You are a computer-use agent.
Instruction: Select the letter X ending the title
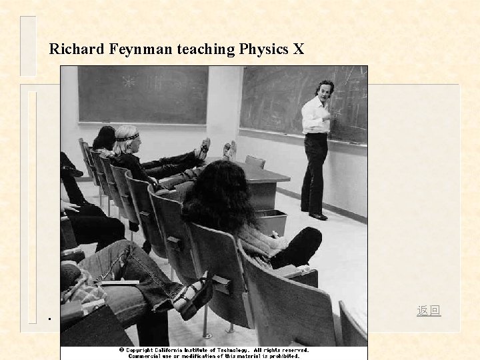point(298,49)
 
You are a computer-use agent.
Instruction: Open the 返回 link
point(429,311)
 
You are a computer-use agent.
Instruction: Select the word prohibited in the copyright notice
point(288,356)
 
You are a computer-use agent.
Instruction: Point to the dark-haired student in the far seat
point(105,138)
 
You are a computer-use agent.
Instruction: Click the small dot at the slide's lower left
point(49,318)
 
